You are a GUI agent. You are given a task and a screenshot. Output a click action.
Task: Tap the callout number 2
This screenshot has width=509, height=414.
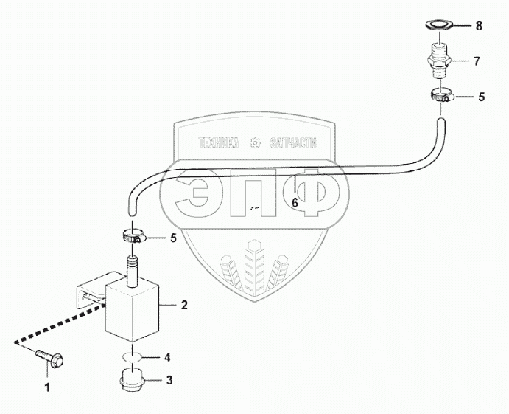[x=185, y=304]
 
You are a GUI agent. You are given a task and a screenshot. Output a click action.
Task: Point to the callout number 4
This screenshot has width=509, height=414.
[x=168, y=357]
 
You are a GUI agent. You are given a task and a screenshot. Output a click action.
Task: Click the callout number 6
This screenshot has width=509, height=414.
[x=295, y=201]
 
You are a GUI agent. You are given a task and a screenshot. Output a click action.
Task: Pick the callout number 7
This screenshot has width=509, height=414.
[x=477, y=61]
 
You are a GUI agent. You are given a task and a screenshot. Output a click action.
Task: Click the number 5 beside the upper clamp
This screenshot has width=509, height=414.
[x=482, y=96]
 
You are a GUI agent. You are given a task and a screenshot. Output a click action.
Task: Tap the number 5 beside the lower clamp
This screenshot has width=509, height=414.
[x=173, y=238]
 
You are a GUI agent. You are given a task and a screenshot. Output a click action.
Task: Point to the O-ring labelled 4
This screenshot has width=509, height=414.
[x=132, y=357]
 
